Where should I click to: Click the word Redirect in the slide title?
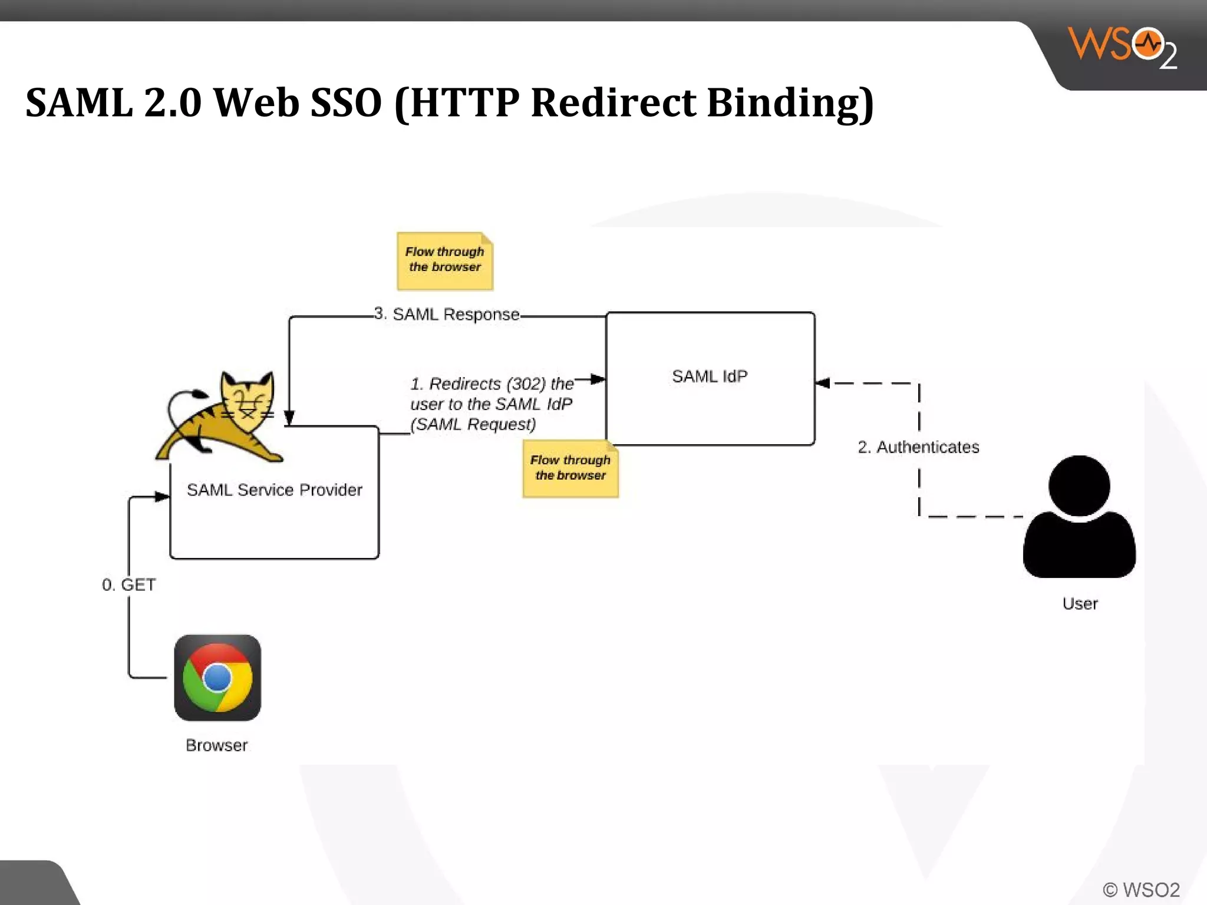(613, 103)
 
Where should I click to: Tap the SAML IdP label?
(710, 376)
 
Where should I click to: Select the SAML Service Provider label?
(274, 490)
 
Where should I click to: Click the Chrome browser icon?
(217, 678)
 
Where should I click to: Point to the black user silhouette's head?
(1079, 485)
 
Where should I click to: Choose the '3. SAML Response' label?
(447, 314)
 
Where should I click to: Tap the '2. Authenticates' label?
(918, 447)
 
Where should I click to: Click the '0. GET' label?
(128, 585)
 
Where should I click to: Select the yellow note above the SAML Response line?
(445, 261)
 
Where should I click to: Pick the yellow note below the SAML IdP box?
(570, 469)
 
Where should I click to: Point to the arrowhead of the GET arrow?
(162, 497)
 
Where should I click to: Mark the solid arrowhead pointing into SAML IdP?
(598, 379)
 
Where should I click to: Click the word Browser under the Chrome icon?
(217, 745)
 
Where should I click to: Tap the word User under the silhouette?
(1080, 604)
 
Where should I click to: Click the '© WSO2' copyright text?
(1141, 890)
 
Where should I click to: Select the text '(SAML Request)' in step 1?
(473, 424)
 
